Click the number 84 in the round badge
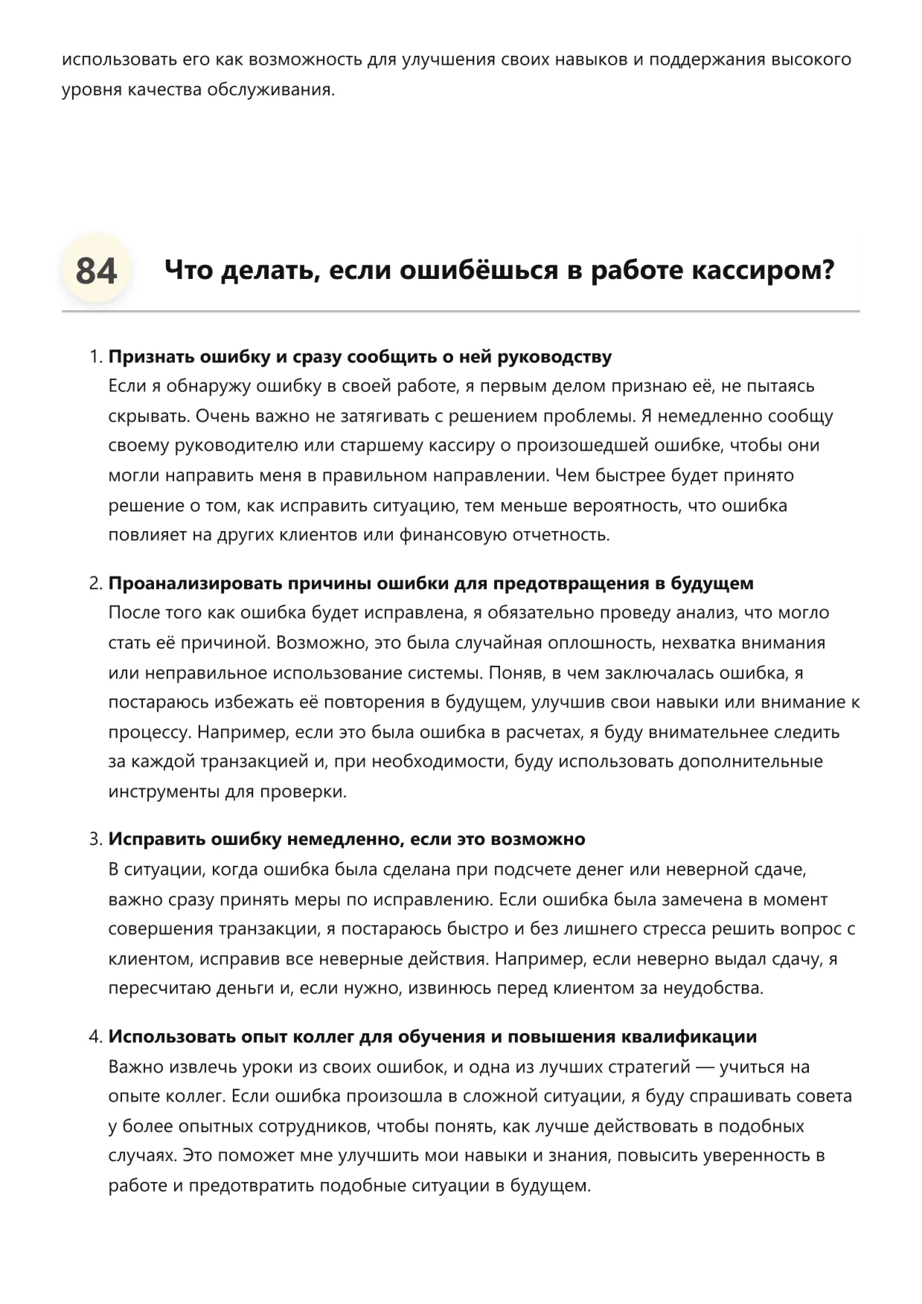pyautogui.click(x=96, y=270)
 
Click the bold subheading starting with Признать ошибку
pyautogui.click(x=360, y=357)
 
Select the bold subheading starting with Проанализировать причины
pyautogui.click(x=431, y=583)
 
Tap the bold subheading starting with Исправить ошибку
pyautogui.click(x=347, y=839)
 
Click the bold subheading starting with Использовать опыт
pyautogui.click(x=432, y=1036)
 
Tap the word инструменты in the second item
pyautogui.click(x=164, y=791)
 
